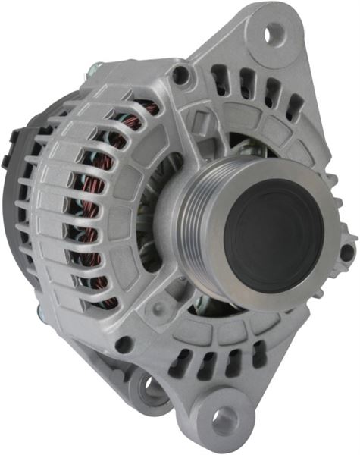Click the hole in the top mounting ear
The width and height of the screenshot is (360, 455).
point(274,32)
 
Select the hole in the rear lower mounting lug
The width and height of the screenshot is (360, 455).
point(152,388)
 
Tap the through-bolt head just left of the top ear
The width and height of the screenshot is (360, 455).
point(180,74)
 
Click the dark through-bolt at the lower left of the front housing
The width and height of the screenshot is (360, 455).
point(124,345)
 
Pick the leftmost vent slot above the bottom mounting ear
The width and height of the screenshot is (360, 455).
point(180,362)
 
